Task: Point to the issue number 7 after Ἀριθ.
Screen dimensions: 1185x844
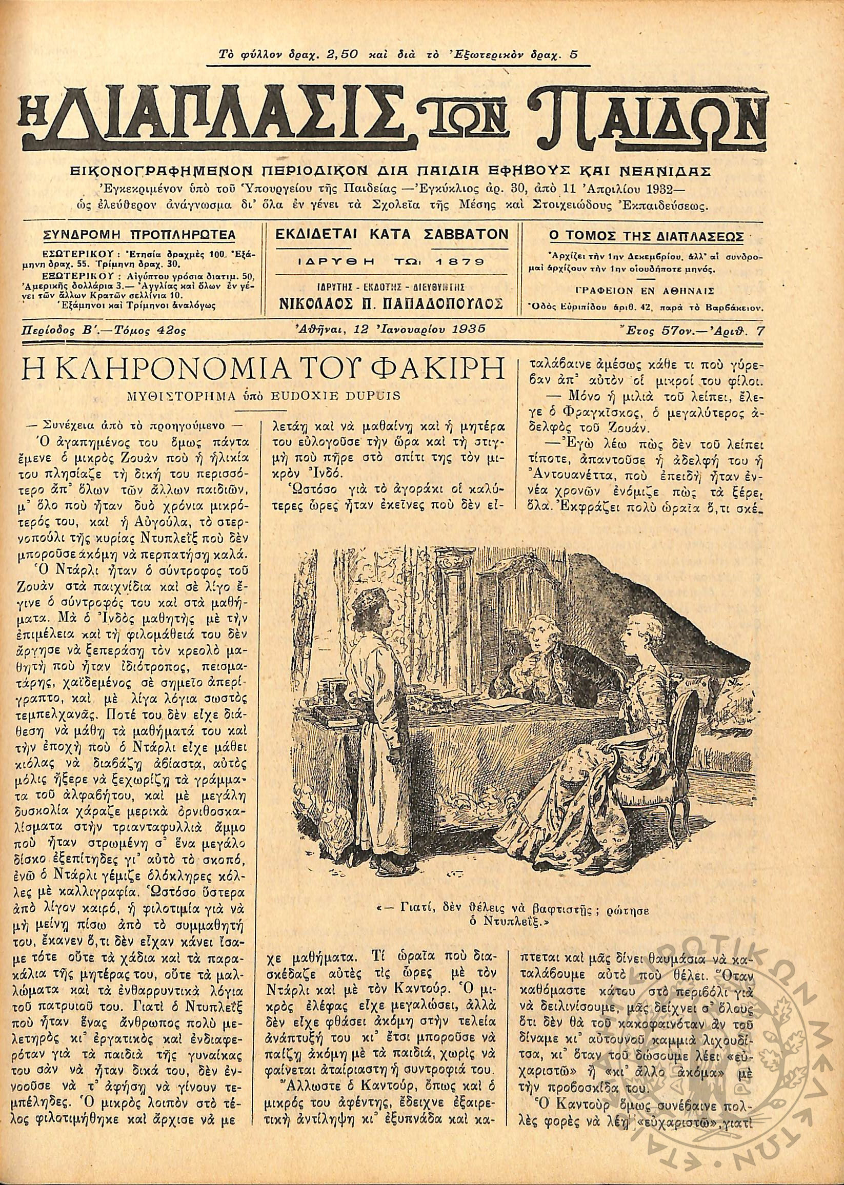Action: pyautogui.click(x=761, y=329)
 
